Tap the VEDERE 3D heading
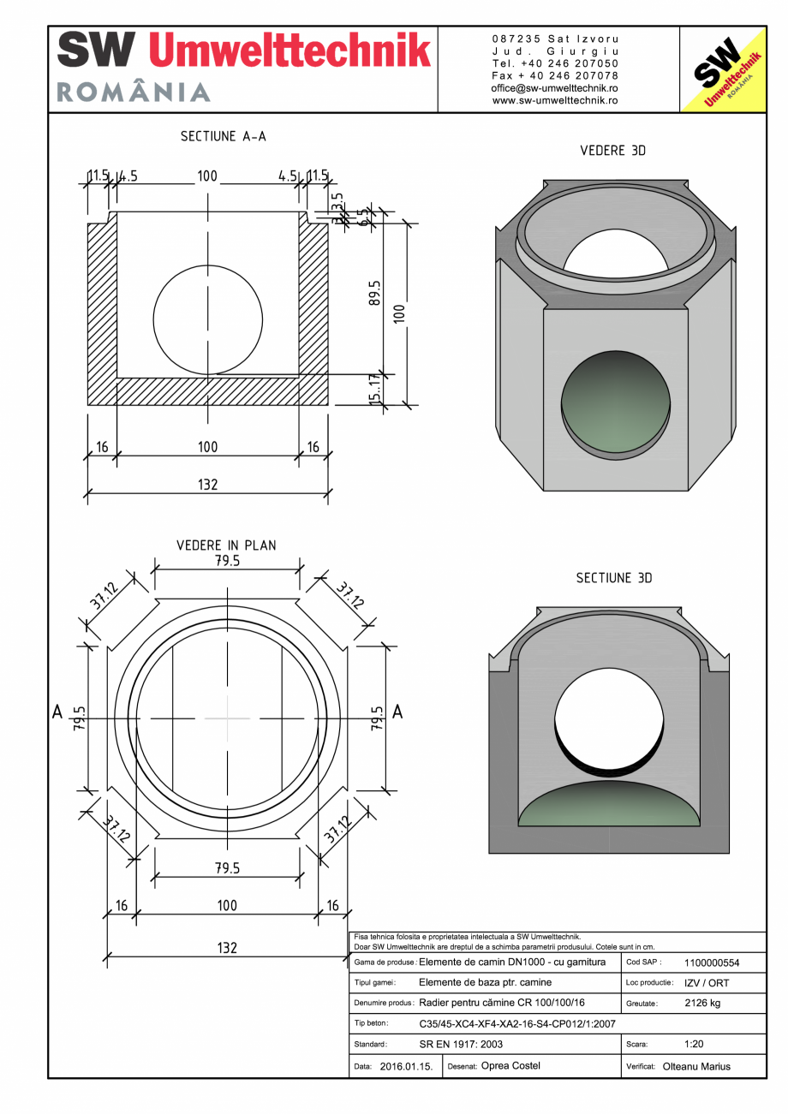point(612,151)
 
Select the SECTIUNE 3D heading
point(613,579)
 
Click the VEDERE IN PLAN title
point(226,545)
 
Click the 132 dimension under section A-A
point(207,485)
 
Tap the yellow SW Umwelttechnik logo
point(721,71)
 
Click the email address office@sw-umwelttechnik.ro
point(554,88)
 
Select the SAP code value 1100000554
point(712,963)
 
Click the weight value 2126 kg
point(702,1004)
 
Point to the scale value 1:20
point(695,1045)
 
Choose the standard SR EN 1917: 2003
point(461,1045)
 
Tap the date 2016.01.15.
point(406,1067)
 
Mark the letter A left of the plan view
point(57,712)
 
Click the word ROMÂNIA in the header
point(134,92)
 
